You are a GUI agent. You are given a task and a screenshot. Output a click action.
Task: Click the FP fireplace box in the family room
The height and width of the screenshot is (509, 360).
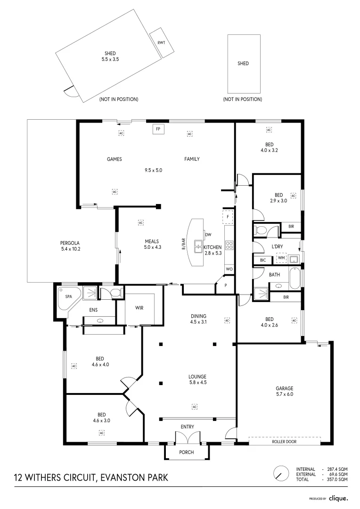click(158, 129)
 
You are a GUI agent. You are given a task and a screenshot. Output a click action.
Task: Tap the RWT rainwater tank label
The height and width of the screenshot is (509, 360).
click(161, 42)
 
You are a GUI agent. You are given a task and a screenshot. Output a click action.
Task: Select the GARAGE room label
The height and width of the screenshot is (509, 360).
click(284, 388)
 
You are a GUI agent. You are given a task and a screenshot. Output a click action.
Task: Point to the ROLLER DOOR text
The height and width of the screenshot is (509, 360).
click(284, 442)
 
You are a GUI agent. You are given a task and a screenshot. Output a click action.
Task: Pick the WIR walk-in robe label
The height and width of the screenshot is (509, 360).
click(139, 308)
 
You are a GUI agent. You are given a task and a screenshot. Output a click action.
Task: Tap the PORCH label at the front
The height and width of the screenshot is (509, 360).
click(186, 452)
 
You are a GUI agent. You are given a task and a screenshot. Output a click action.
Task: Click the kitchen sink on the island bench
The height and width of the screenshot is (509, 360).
click(198, 246)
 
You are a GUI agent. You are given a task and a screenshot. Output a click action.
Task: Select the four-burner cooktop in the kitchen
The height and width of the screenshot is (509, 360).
click(229, 246)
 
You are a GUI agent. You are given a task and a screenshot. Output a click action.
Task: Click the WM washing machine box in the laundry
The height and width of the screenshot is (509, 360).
click(281, 258)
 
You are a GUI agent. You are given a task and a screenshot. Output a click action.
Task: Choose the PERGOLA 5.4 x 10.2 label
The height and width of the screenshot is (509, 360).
click(70, 246)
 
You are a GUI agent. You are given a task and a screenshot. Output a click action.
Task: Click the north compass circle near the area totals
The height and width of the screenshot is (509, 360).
click(281, 473)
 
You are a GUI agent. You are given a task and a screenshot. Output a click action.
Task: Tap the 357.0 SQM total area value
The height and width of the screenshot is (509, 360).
click(337, 479)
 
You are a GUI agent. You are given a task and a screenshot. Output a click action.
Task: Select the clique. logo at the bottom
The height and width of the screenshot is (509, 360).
click(338, 498)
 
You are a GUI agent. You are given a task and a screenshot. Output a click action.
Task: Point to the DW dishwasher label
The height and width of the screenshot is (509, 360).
click(208, 235)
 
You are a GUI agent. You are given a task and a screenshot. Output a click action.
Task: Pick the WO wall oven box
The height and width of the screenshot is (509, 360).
click(229, 269)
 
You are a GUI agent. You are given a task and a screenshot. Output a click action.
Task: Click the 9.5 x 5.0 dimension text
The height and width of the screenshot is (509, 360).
click(153, 170)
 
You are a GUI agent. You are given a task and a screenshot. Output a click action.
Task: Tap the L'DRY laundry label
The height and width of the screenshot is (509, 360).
click(277, 246)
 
